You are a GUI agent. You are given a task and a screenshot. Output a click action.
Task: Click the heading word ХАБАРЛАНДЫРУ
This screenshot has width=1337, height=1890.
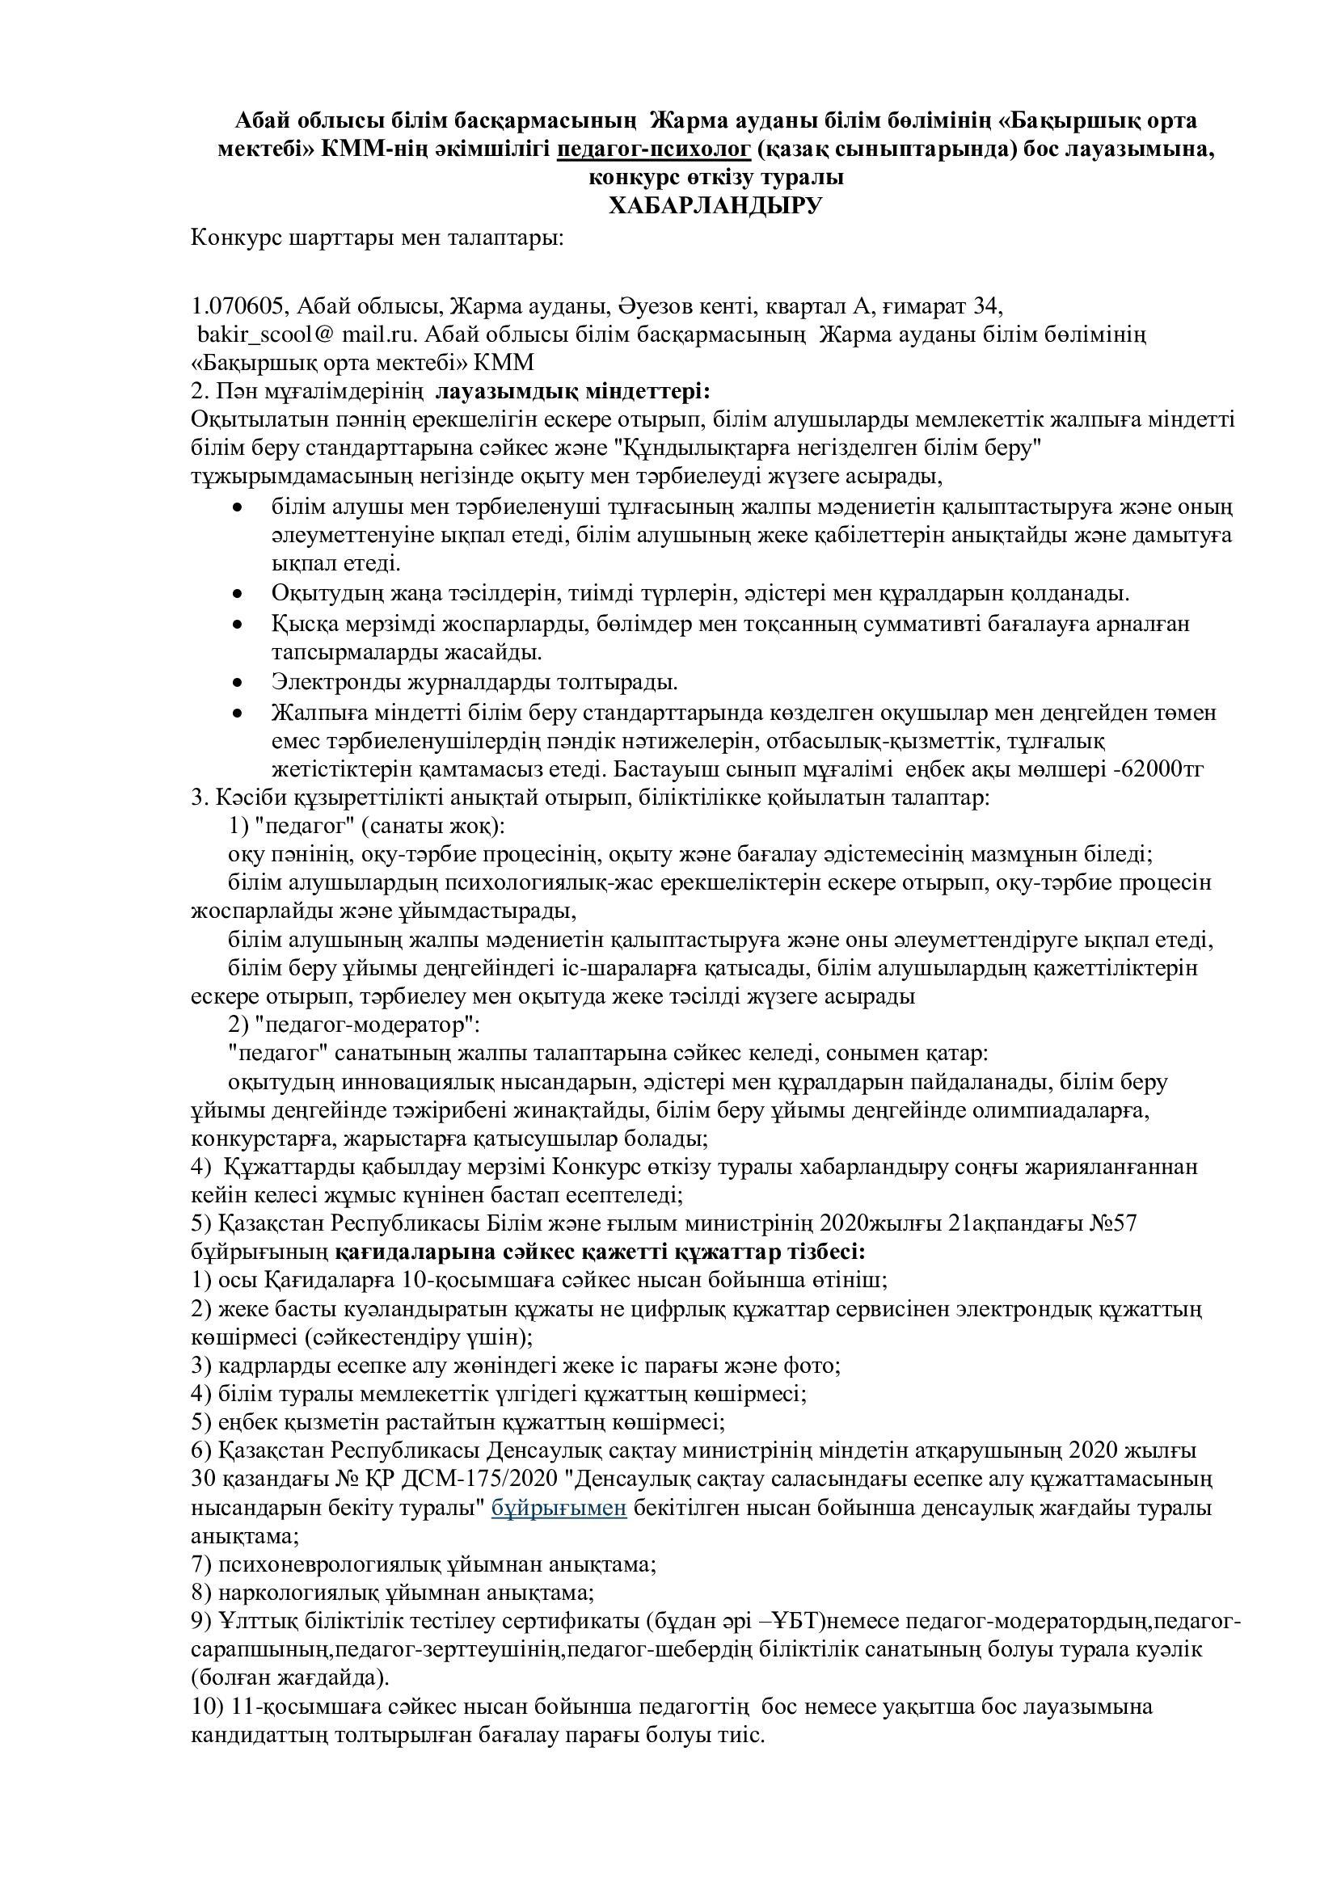(x=715, y=206)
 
